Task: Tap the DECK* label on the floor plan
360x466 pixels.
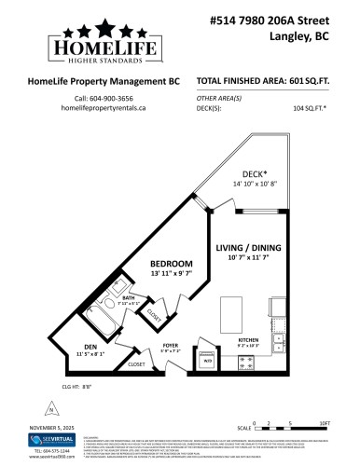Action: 229,173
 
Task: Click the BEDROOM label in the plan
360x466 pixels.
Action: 172,264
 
